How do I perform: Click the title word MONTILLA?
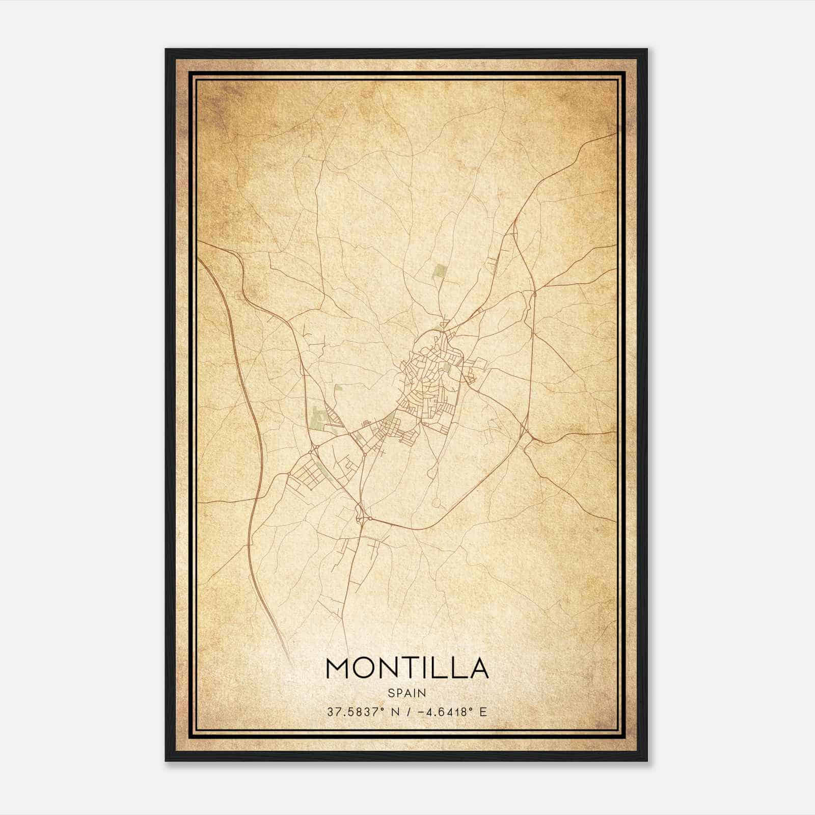point(407,668)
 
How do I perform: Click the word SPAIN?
point(407,693)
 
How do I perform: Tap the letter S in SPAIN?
point(391,693)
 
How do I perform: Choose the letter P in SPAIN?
point(398,693)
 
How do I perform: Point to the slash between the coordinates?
point(407,712)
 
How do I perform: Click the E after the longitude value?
point(483,712)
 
